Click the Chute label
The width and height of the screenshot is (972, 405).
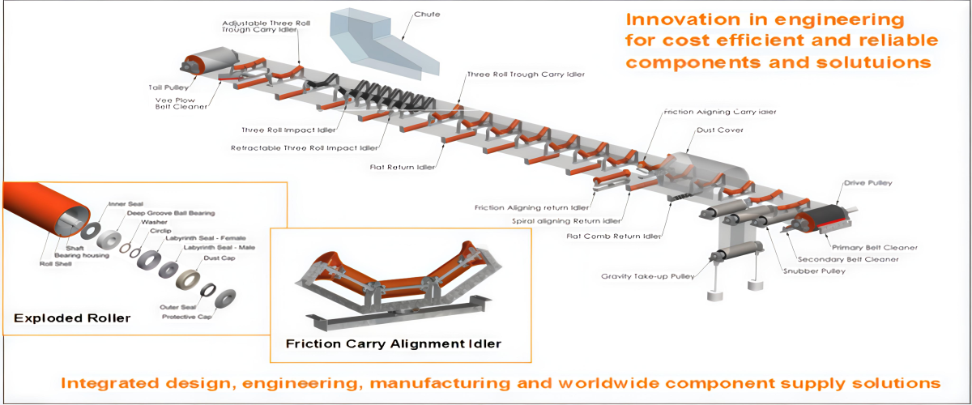click(x=426, y=15)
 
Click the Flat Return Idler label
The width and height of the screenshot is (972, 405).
click(x=401, y=168)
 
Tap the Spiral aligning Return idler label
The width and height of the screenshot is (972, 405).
click(x=567, y=220)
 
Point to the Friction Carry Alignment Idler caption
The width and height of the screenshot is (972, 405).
click(x=394, y=343)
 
